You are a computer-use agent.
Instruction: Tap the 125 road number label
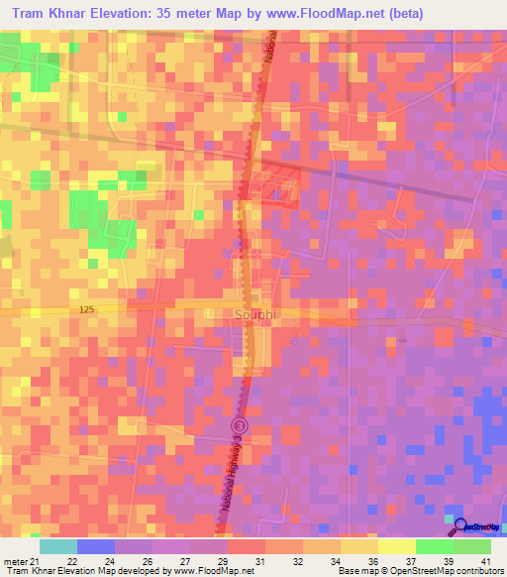[85, 310]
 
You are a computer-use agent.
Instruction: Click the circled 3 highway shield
[238, 425]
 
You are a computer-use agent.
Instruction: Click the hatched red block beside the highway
[276, 185]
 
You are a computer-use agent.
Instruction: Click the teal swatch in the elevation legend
[58, 546]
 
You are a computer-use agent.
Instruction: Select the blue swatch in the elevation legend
[96, 546]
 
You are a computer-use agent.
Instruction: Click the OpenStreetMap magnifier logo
[458, 521]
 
